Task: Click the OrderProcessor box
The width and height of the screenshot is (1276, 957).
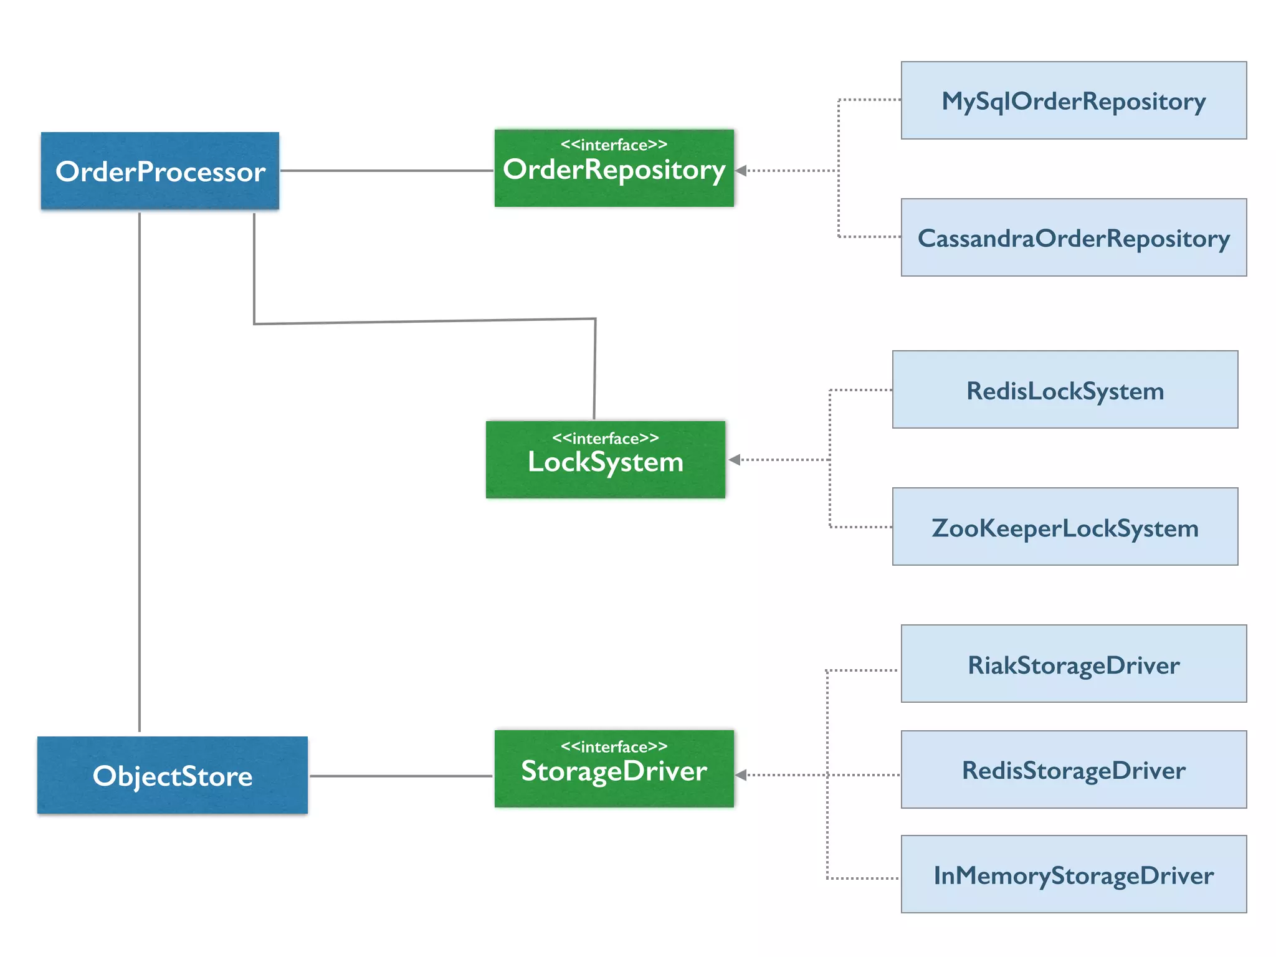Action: click(x=160, y=171)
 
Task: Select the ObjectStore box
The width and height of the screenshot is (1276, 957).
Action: click(x=173, y=775)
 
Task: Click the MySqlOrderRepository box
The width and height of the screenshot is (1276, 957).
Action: click(x=1074, y=100)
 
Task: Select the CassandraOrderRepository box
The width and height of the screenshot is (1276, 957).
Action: click(x=1074, y=237)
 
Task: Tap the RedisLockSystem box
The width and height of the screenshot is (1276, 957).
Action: click(x=1065, y=389)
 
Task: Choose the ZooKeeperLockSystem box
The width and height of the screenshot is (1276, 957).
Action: click(x=1065, y=526)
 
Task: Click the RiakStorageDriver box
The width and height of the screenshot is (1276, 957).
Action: click(x=1074, y=664)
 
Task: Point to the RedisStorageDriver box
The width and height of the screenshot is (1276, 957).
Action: click(x=1074, y=769)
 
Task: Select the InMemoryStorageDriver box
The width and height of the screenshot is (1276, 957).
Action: click(x=1074, y=874)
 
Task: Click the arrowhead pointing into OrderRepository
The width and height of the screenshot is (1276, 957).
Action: click(x=741, y=170)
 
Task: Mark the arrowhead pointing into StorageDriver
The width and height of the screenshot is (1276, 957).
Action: click(x=741, y=775)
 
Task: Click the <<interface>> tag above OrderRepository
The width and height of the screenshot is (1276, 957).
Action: click(x=614, y=145)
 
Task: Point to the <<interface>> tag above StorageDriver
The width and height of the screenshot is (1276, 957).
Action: click(x=614, y=746)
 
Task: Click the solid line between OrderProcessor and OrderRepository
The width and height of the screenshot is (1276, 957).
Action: click(x=386, y=170)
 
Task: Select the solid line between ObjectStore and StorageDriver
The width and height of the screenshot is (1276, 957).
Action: click(x=401, y=776)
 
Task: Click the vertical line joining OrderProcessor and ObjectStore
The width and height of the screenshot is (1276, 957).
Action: click(x=140, y=474)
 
